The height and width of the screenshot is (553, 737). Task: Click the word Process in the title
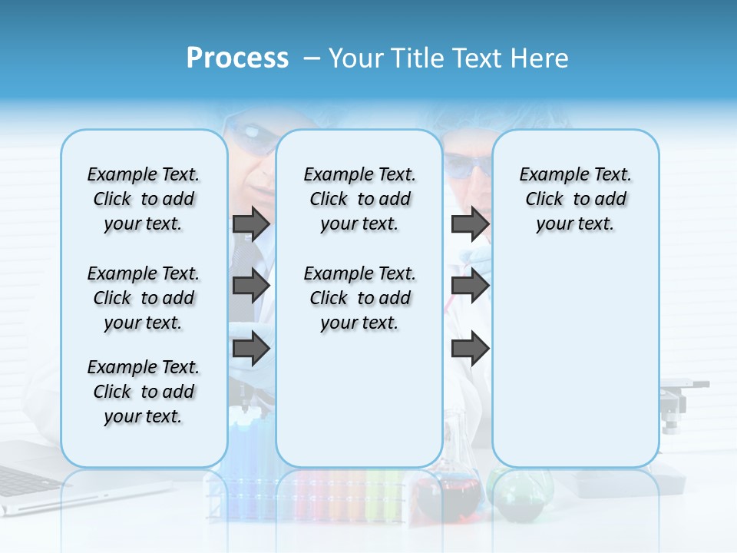pyautogui.click(x=237, y=58)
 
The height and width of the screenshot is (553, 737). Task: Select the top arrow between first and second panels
pyautogui.click(x=251, y=224)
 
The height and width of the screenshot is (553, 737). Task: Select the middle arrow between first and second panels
pyautogui.click(x=251, y=286)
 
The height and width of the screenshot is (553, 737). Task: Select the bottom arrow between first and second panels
pyautogui.click(x=251, y=349)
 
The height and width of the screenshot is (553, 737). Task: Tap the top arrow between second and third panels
pyautogui.click(x=470, y=224)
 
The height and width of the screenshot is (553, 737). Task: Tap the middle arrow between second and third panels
pyautogui.click(x=470, y=286)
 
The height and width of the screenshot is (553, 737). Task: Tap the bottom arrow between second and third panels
pyautogui.click(x=470, y=349)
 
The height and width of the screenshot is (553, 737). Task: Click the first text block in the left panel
pyautogui.click(x=144, y=199)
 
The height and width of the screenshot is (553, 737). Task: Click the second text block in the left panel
pyautogui.click(x=144, y=298)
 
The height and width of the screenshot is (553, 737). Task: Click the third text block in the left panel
pyautogui.click(x=144, y=392)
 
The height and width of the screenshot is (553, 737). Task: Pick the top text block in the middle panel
pyautogui.click(x=359, y=199)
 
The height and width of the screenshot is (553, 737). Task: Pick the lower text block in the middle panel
pyautogui.click(x=359, y=298)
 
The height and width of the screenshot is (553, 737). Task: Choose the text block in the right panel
pyautogui.click(x=575, y=199)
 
